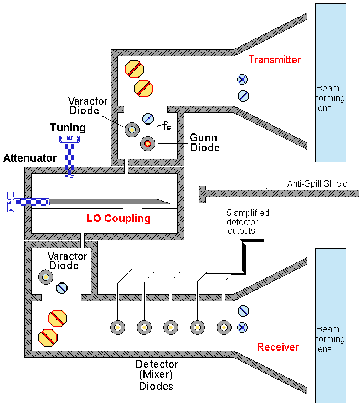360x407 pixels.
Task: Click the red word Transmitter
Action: [x=274, y=60]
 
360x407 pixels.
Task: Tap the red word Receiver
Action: [x=277, y=347]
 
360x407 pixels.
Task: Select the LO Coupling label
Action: [x=119, y=218]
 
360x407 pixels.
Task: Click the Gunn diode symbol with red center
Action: [x=147, y=143]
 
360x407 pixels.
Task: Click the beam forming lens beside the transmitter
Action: [x=330, y=83]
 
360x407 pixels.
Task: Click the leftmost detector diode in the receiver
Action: [x=117, y=327]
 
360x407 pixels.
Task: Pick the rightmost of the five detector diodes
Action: [x=223, y=327]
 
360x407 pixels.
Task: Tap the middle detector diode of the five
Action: [x=171, y=327]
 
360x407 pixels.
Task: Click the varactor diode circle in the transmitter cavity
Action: [x=132, y=130]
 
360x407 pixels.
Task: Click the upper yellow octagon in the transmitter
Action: [x=134, y=69]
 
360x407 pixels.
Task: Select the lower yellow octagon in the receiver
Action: [x=47, y=336]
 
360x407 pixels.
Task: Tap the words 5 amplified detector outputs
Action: [x=243, y=221]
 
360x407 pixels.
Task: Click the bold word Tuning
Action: [x=68, y=128]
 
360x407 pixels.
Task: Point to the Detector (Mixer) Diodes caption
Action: [x=157, y=375]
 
